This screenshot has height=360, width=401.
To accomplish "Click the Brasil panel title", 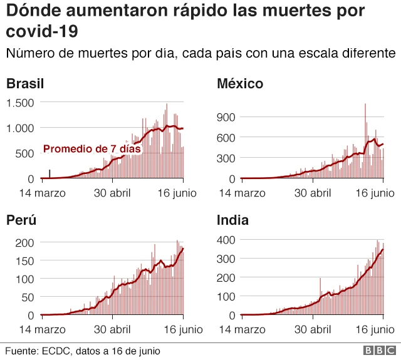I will coord(24,84).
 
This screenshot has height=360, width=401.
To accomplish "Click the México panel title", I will coord(239,84).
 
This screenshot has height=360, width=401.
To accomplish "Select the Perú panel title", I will coord(21,220).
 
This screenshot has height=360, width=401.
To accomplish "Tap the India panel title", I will coord(232,220).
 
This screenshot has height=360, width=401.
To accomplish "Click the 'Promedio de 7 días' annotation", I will coord(91,149).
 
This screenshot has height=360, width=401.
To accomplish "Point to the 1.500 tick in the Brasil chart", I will coord(21,103).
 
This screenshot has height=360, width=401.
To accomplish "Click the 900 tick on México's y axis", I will coord(226,116).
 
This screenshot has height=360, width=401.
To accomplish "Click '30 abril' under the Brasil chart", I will coord(112,193).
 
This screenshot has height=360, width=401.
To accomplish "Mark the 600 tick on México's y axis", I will coord(226,137).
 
